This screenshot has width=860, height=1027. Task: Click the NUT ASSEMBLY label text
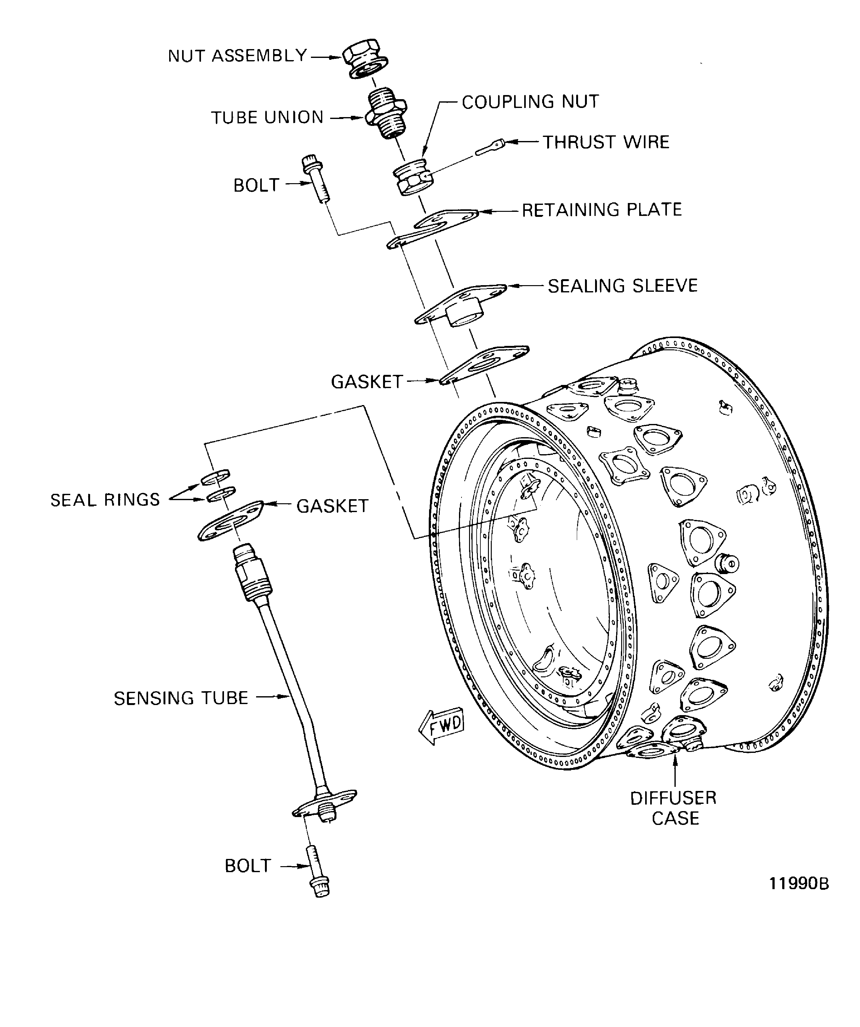238,56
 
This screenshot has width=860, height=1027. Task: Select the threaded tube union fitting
386,113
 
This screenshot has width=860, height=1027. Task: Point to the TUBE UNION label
267,117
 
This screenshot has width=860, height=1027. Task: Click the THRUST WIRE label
606,142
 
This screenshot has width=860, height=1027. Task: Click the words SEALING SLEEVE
622,286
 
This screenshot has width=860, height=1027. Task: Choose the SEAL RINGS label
105,500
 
